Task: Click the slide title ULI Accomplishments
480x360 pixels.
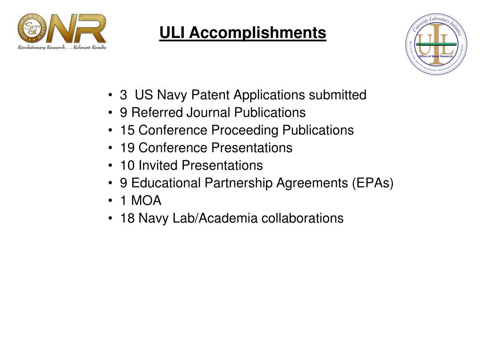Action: (x=242, y=33)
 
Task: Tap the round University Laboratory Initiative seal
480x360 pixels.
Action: (x=436, y=44)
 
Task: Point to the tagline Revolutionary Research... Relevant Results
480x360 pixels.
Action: (x=62, y=47)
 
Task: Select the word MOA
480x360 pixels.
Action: (x=146, y=201)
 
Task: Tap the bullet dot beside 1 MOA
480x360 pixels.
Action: (x=110, y=201)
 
